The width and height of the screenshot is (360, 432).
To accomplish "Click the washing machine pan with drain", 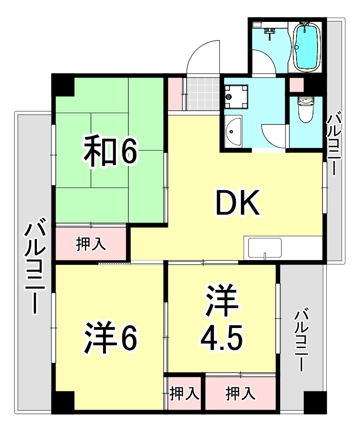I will (236, 97).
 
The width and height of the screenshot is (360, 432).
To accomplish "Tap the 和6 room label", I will (110, 152).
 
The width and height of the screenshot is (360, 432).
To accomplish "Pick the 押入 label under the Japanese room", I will (91, 244).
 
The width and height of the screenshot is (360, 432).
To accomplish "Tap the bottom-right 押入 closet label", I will (240, 393).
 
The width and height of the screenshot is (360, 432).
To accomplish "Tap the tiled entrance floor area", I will (202, 94).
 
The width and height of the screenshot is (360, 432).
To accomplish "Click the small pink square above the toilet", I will (295, 85).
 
